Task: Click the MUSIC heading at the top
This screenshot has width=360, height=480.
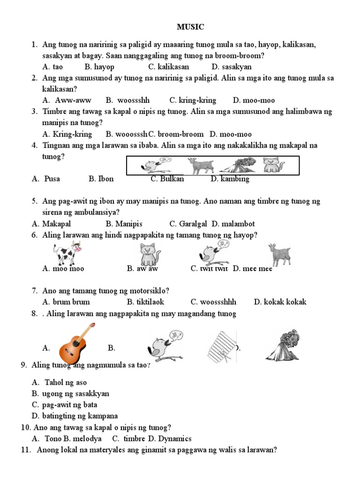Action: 190,27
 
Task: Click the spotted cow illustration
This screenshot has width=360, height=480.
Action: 67,254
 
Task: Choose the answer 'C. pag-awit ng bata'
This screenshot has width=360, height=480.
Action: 64,405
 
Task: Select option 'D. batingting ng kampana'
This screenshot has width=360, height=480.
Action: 75,416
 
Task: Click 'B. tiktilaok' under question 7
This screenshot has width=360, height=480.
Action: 145,302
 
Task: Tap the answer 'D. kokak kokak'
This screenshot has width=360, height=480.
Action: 280,302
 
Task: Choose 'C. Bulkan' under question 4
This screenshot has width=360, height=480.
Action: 167,179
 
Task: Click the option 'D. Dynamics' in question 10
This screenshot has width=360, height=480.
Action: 170,439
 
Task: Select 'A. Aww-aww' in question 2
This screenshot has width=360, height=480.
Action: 67,100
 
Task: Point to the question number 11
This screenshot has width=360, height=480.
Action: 26,450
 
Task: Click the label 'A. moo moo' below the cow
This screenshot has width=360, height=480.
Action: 63,269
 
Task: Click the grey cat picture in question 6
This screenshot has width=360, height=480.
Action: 149,255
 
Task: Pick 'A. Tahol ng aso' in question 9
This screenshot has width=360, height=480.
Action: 60,382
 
